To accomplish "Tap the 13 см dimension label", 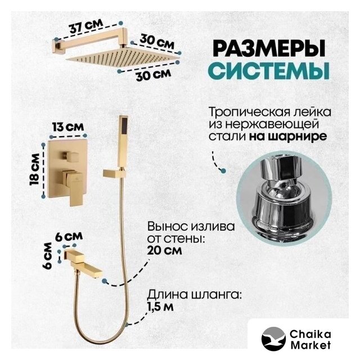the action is (x=68, y=127).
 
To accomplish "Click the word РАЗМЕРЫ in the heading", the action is (x=269, y=48).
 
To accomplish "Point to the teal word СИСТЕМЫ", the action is (x=270, y=70).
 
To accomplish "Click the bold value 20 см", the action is (x=164, y=250).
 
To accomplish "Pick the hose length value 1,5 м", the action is (x=160, y=307).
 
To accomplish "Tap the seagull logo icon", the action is (x=273, y=339).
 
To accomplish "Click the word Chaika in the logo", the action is (x=310, y=335).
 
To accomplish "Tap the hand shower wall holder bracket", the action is (x=114, y=173).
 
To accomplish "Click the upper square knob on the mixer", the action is (x=70, y=156).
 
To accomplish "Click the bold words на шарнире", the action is (x=288, y=137).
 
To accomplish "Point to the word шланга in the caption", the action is (x=215, y=295).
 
